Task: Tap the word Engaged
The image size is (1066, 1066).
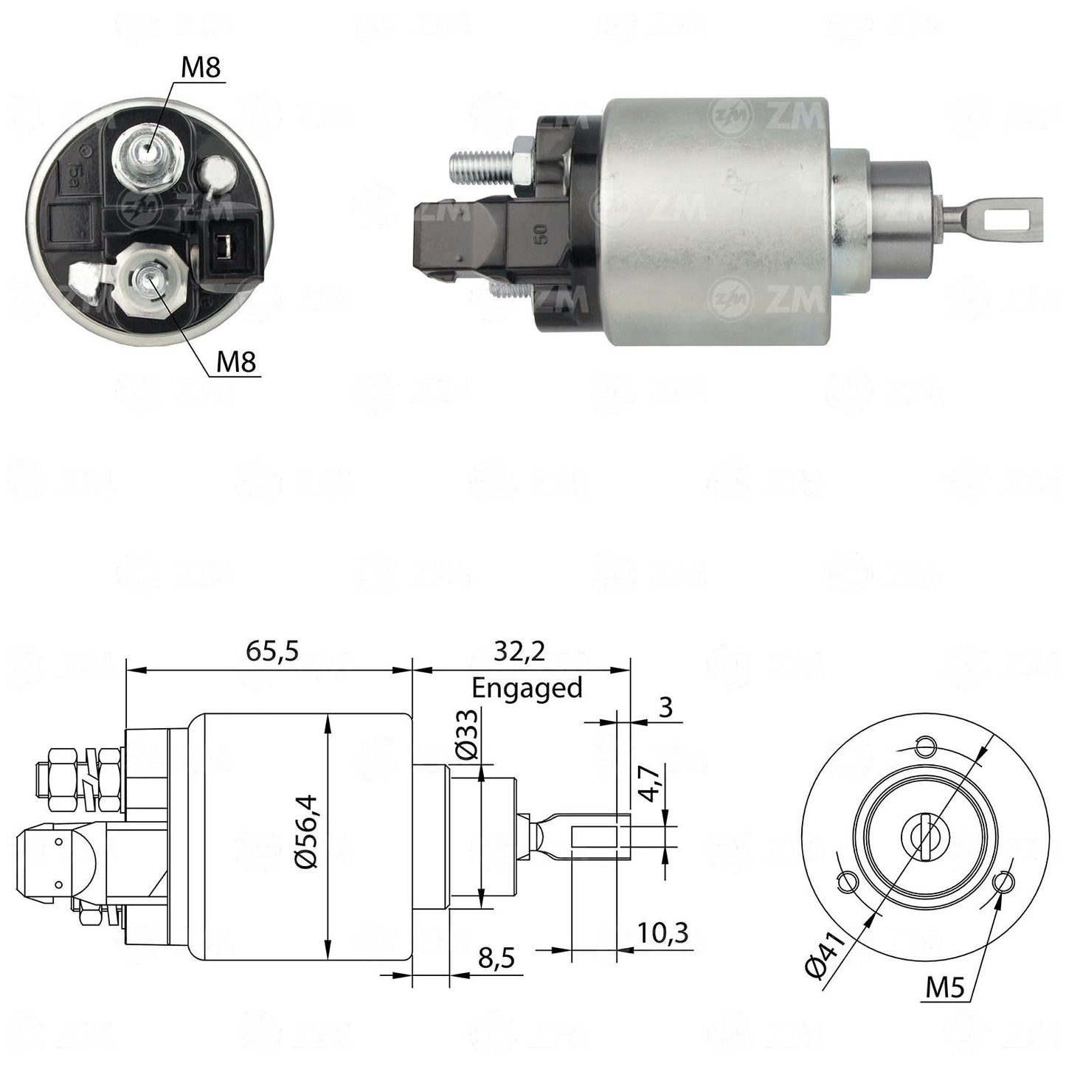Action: [527, 689]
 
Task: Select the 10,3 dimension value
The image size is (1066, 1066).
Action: [662, 932]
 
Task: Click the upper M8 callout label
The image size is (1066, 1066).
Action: [201, 67]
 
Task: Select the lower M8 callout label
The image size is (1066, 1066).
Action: [236, 361]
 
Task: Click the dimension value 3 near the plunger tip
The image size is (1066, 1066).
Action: [665, 707]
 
